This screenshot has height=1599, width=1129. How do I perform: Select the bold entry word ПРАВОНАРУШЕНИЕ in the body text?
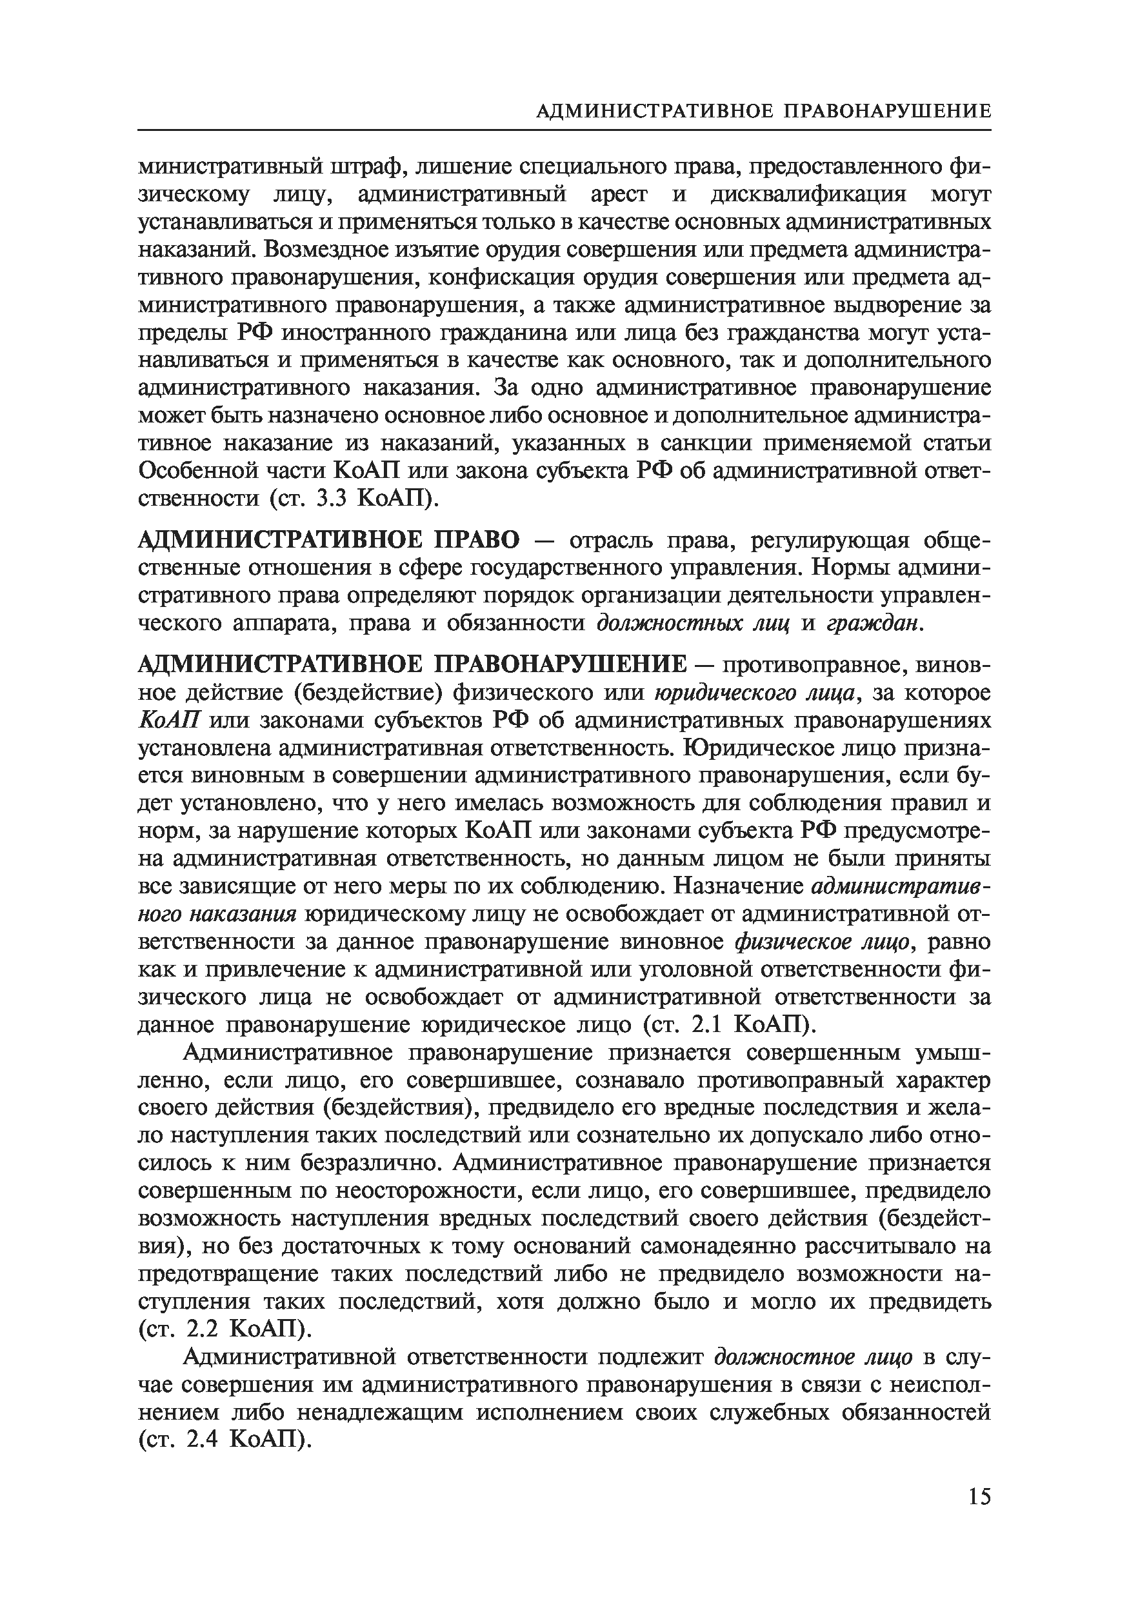coord(561,665)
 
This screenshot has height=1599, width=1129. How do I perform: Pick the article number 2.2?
coord(204,1329)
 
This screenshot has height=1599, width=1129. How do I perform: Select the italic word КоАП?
coord(170,720)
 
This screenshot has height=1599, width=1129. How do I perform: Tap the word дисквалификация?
coord(808,194)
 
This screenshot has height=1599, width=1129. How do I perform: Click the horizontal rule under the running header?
coord(564,130)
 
